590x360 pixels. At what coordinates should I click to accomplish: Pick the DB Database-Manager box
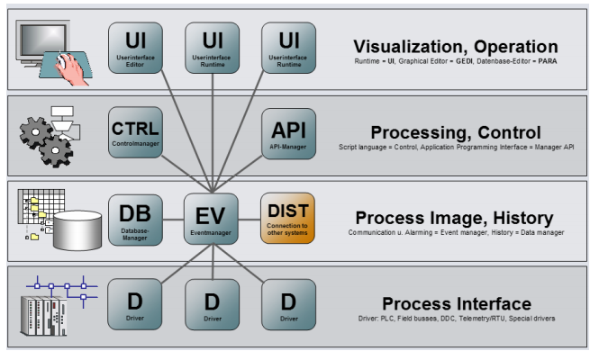[134, 220]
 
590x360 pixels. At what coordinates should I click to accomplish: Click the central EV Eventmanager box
[212, 220]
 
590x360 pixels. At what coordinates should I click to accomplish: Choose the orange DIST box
[288, 220]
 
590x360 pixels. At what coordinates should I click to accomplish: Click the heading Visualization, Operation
[455, 46]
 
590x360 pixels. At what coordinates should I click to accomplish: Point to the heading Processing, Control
[455, 132]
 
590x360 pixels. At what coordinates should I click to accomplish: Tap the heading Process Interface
[456, 303]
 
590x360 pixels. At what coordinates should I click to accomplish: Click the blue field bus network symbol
[63, 289]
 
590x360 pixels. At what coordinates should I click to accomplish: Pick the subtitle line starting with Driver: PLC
[456, 319]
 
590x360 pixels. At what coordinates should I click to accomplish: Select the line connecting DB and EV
[174, 220]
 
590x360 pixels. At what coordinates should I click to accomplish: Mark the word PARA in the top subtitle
[546, 62]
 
